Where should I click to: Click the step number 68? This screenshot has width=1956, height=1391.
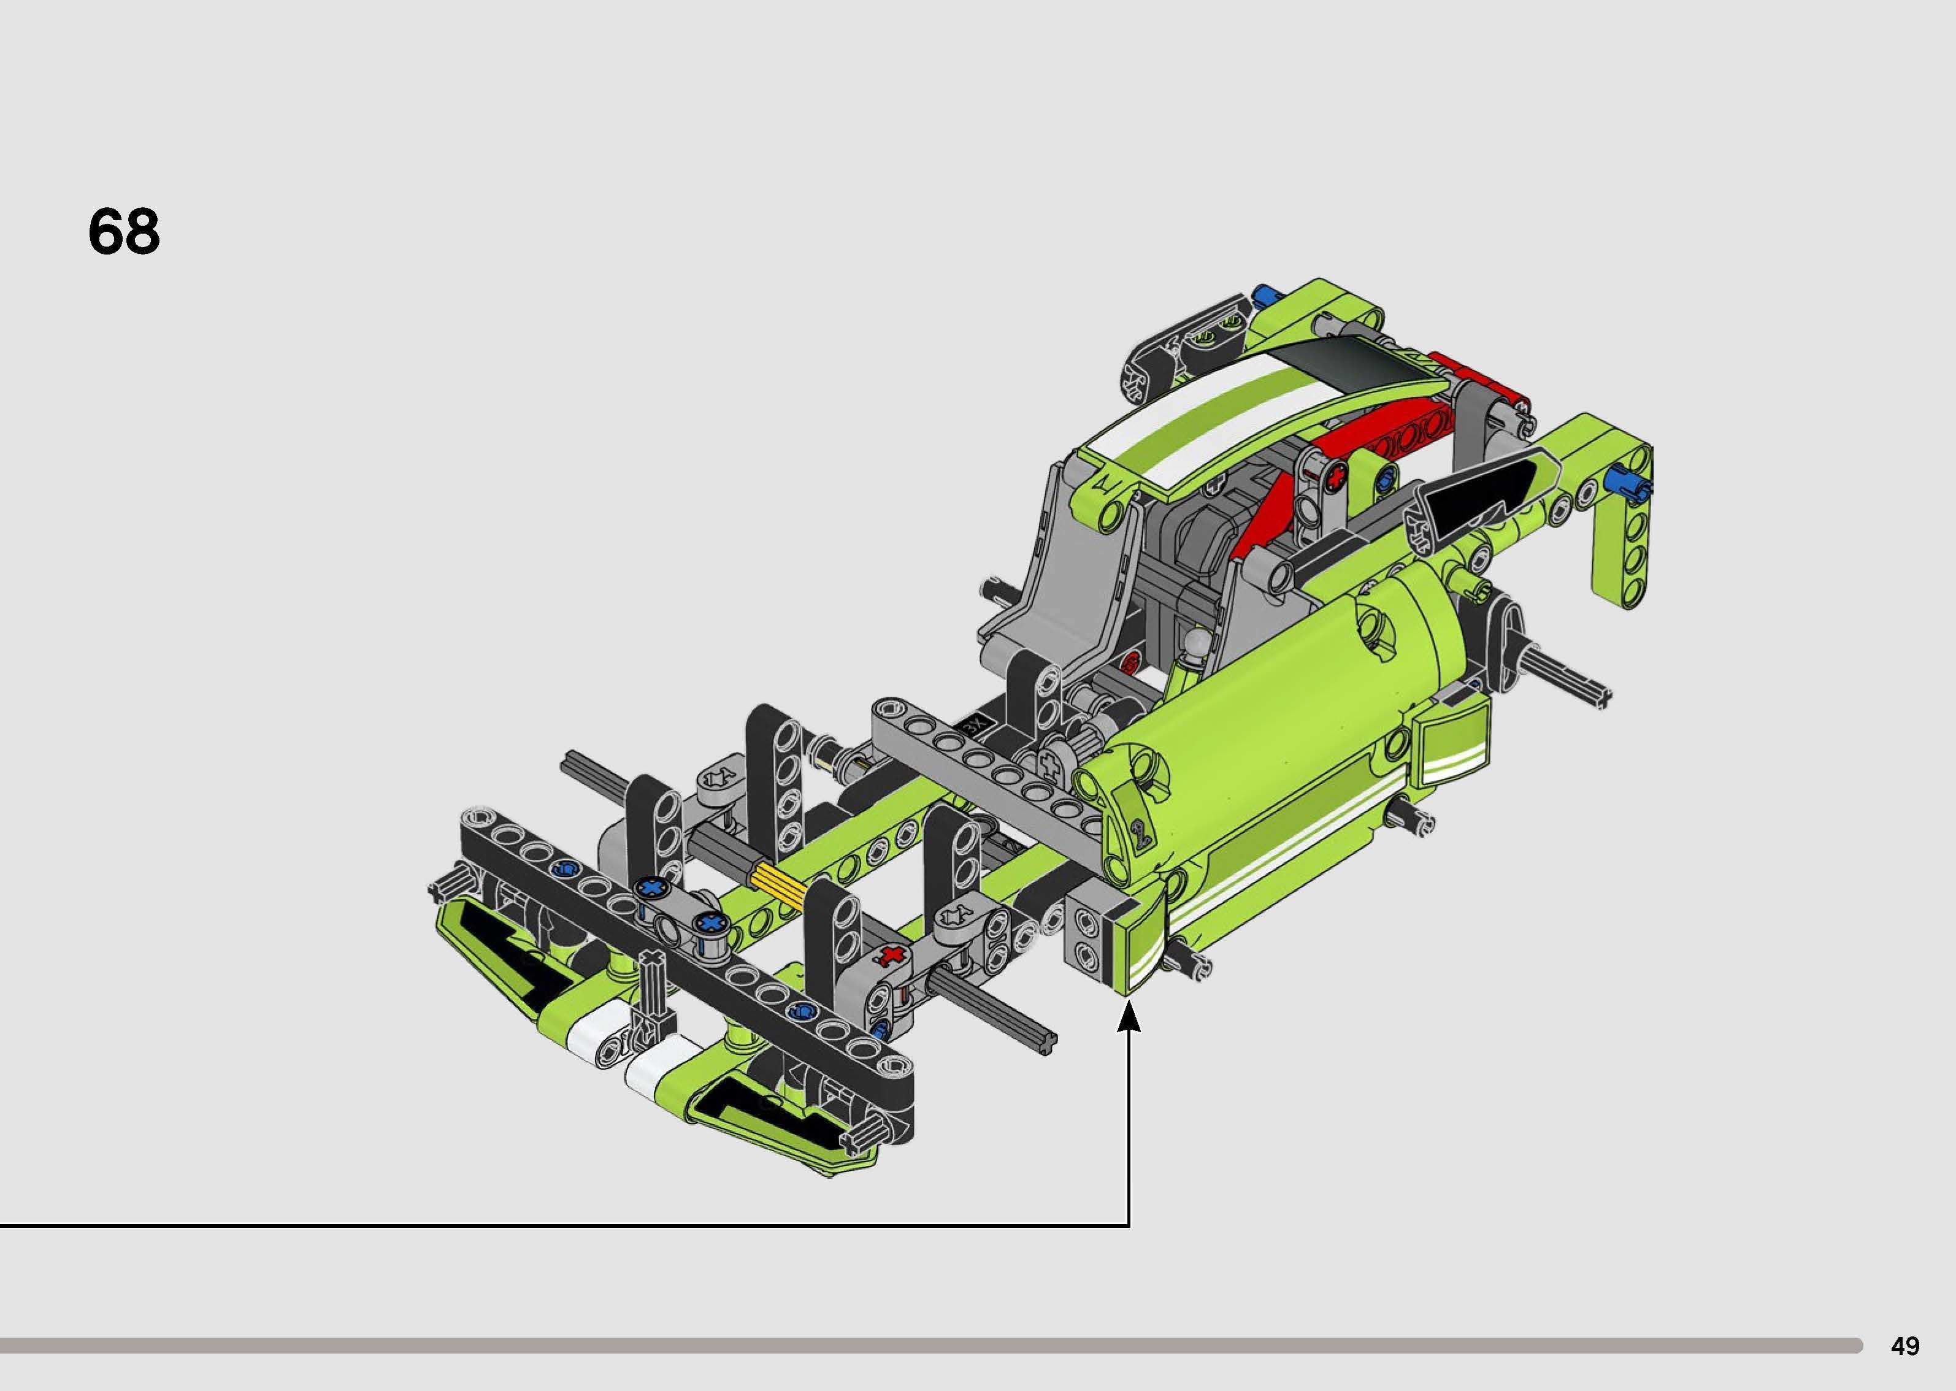pyautogui.click(x=123, y=232)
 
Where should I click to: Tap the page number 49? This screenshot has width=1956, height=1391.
pyautogui.click(x=1906, y=1346)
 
